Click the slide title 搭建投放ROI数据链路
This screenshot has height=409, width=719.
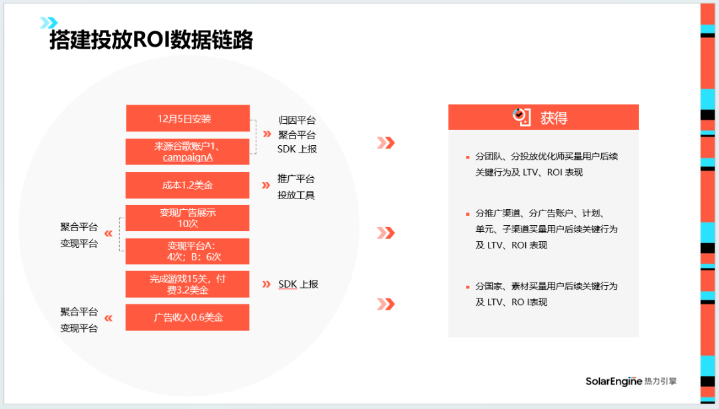point(151,40)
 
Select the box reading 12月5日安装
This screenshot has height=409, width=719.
point(188,119)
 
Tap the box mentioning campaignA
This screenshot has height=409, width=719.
point(188,152)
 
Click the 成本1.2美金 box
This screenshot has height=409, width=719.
point(188,186)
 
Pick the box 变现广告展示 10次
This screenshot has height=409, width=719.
point(188,218)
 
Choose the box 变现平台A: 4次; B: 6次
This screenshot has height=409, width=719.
point(188,251)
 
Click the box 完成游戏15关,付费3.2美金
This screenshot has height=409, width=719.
point(188,284)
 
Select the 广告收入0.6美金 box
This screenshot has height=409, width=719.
point(188,318)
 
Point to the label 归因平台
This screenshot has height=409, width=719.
point(297,121)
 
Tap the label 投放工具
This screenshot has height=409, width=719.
point(296,195)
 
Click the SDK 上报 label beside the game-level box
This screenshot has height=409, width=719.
point(298,284)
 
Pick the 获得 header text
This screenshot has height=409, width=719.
point(554,118)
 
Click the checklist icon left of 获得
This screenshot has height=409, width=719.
point(521,117)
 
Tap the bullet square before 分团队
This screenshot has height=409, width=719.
point(467,157)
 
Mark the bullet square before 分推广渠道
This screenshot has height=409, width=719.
point(467,214)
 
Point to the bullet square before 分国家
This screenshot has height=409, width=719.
point(467,287)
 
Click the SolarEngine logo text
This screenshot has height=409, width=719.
point(613,382)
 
